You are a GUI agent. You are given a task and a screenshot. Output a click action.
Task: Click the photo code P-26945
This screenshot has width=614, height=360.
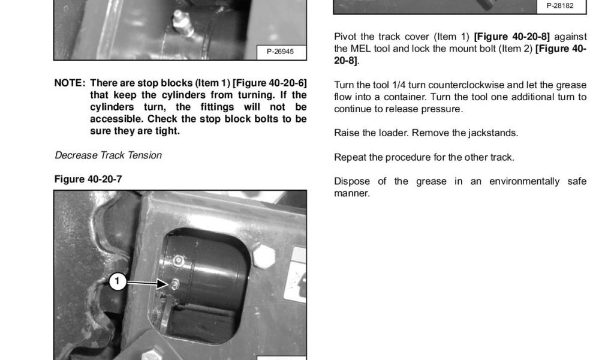point(280,52)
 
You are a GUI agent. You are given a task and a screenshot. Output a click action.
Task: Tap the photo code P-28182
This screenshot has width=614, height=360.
point(560,6)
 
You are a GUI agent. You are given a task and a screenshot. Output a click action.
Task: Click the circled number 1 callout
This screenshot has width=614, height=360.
point(117,281)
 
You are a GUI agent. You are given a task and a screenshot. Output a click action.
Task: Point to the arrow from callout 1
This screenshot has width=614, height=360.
point(148,283)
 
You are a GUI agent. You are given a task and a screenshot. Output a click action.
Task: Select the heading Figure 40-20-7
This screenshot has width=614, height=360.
point(88,179)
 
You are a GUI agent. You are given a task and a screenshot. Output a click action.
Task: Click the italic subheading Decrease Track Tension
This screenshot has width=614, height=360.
point(108,155)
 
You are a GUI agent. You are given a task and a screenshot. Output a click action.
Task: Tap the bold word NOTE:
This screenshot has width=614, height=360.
point(70,83)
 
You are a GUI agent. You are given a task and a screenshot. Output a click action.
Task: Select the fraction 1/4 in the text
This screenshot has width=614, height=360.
point(399,85)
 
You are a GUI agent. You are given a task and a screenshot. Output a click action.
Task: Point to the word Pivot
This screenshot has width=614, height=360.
point(345,37)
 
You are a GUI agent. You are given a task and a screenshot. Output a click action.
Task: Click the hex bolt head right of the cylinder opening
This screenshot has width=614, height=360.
point(264,257)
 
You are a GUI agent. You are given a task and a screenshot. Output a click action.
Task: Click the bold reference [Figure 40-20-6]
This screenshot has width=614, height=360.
point(270,83)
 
